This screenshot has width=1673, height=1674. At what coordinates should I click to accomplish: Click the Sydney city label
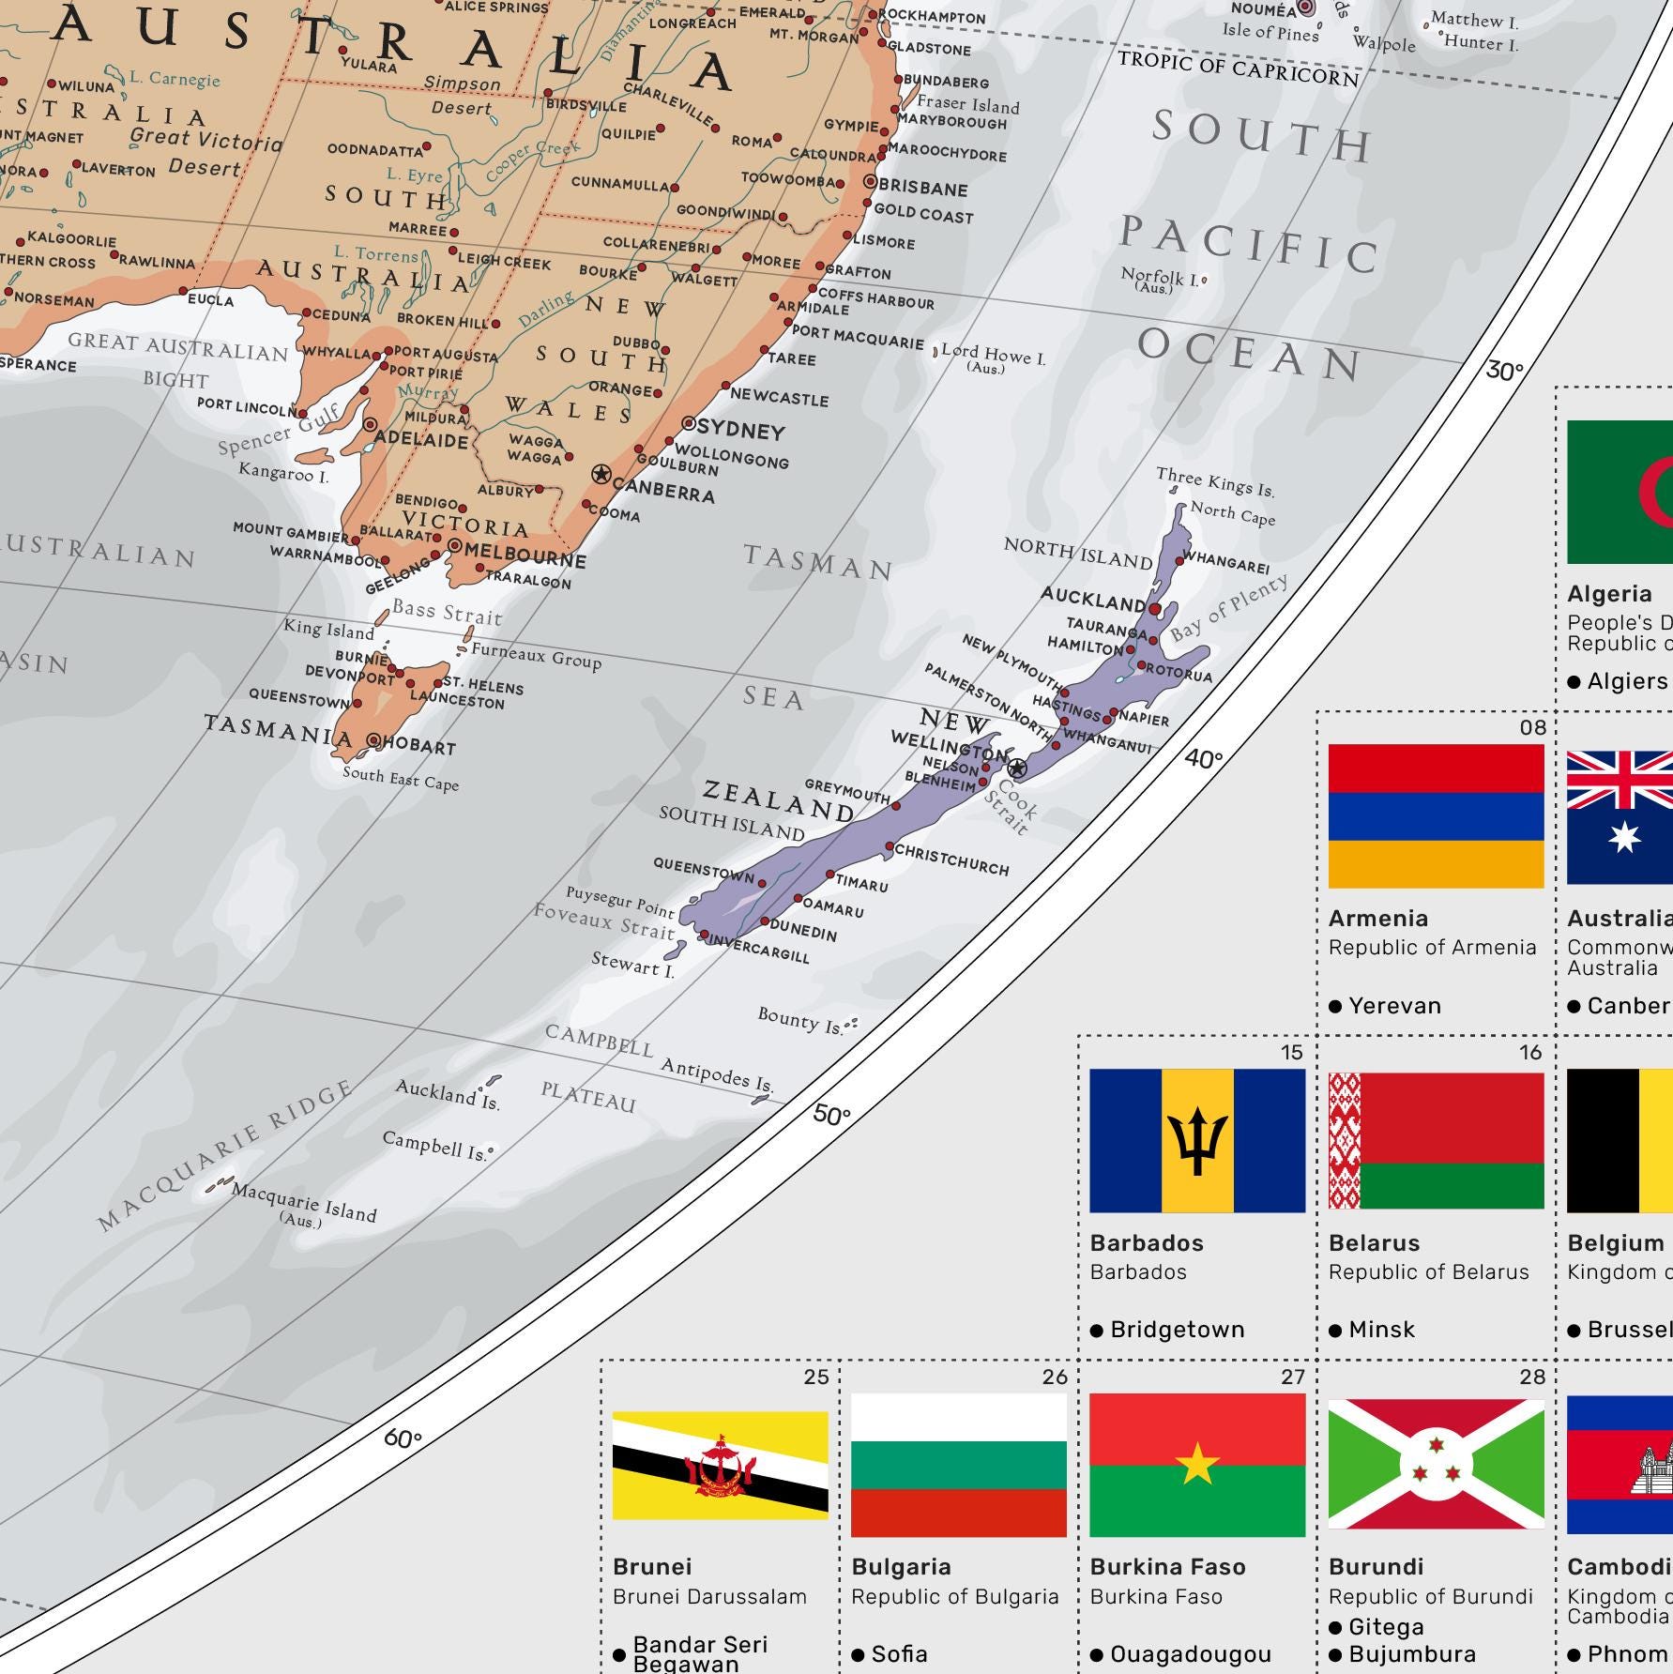(x=741, y=430)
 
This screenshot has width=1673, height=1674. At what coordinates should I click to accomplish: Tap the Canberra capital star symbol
(x=601, y=474)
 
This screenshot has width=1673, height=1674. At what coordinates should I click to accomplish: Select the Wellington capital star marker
(x=1017, y=769)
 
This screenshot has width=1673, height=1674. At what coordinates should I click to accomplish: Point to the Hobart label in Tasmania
(x=418, y=747)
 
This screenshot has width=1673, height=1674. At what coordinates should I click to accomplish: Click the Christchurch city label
(x=951, y=859)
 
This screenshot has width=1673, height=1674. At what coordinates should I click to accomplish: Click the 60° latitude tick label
(x=403, y=1438)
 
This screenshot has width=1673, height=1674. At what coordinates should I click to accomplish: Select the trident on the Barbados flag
(x=1197, y=1141)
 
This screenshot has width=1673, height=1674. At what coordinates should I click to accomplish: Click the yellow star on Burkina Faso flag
(x=1197, y=1464)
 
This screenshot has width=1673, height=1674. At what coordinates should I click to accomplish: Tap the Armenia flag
(x=1436, y=815)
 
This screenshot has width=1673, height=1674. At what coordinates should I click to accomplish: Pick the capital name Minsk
(x=1381, y=1330)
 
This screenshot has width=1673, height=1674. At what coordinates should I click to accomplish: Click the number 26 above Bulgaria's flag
(x=1055, y=1377)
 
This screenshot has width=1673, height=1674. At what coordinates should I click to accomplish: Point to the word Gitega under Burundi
(x=1386, y=1626)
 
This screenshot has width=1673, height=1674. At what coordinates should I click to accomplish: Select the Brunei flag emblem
(x=720, y=1467)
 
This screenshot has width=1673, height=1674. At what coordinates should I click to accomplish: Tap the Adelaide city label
(x=421, y=439)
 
